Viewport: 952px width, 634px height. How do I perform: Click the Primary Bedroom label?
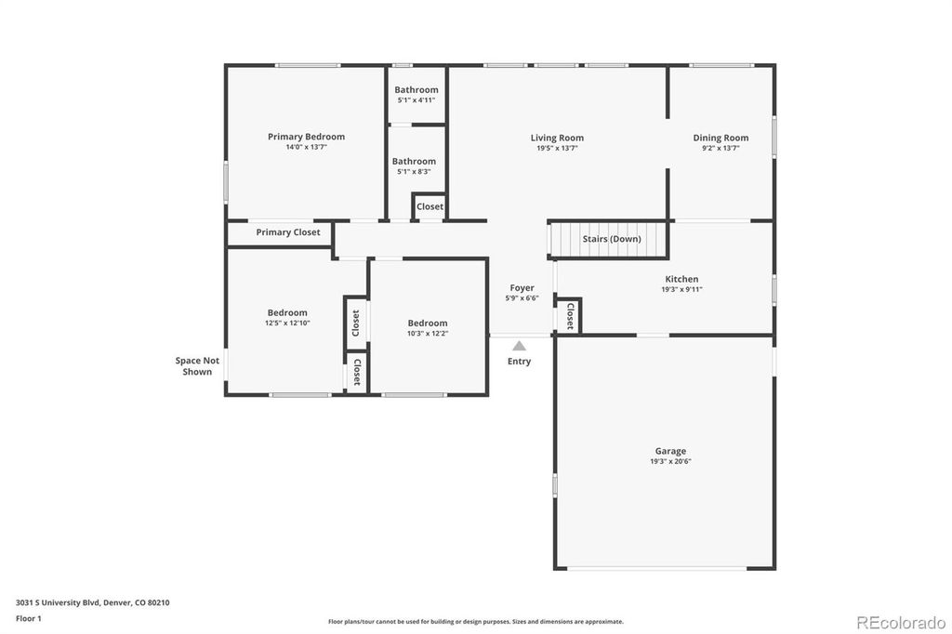(306, 137)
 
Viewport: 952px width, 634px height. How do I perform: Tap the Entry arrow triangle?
(519, 346)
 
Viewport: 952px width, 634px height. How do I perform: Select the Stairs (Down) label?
(611, 239)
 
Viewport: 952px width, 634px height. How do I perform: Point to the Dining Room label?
(721, 138)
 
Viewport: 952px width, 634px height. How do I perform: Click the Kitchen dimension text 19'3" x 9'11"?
(681, 289)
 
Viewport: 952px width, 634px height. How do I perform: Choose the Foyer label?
(522, 288)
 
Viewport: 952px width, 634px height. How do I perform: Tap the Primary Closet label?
(287, 232)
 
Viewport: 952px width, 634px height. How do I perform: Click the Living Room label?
(557, 138)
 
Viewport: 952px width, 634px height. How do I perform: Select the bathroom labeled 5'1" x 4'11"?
(416, 95)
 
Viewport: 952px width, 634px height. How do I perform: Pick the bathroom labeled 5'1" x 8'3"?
(414, 165)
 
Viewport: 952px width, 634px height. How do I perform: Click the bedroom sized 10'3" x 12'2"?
(427, 327)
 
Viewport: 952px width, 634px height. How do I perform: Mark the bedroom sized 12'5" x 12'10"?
(287, 318)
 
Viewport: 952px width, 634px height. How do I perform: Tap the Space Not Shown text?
(197, 366)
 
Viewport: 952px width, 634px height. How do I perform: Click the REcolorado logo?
(900, 623)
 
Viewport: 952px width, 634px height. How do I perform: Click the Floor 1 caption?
(30, 617)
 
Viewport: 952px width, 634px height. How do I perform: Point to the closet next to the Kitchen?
(569, 316)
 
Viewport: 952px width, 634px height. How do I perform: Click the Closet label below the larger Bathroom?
(430, 206)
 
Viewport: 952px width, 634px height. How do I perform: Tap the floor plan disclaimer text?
(475, 622)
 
